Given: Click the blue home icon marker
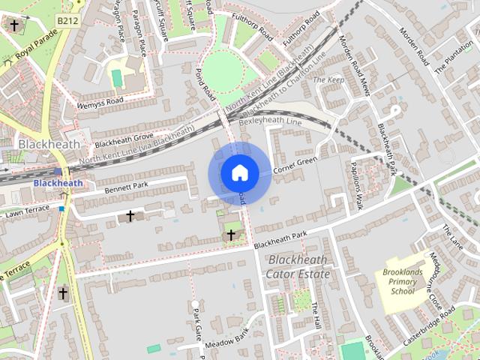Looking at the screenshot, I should (239, 173).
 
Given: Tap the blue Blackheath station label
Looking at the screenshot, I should (58, 183).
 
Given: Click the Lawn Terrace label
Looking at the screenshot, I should (27, 212).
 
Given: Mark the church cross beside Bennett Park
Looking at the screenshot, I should (130, 216).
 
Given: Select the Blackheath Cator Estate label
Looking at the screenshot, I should (298, 267).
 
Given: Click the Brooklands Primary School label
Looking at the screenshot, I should (402, 281).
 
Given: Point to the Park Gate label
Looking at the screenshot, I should (197, 323).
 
